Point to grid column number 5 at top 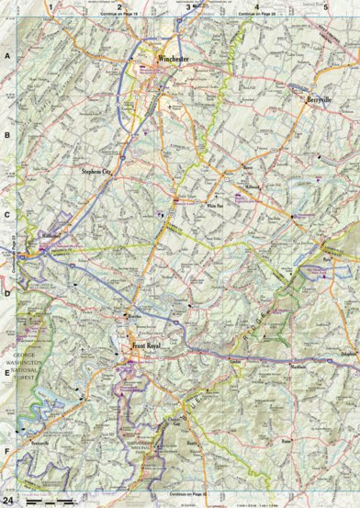326,7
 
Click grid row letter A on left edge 6,55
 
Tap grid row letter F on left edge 6,452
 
